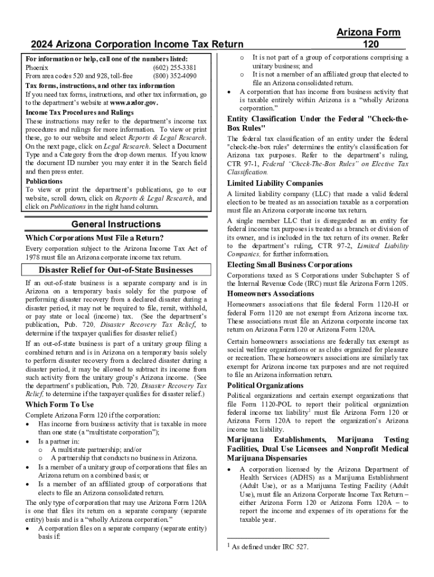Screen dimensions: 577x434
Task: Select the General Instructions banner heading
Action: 116,225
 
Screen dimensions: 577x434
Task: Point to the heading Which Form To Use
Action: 60,405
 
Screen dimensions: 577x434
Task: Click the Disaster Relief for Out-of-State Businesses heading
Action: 116,270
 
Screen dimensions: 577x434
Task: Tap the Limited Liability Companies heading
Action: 275,183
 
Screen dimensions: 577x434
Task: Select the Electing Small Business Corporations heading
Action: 290,265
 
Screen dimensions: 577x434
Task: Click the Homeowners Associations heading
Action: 271,294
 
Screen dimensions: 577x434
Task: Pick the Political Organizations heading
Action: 265,385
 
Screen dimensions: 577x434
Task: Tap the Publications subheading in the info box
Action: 44,181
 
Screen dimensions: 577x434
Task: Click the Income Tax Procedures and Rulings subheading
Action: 79,112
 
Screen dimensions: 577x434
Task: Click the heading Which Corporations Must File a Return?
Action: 95,238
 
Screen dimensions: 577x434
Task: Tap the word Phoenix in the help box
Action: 37,67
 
